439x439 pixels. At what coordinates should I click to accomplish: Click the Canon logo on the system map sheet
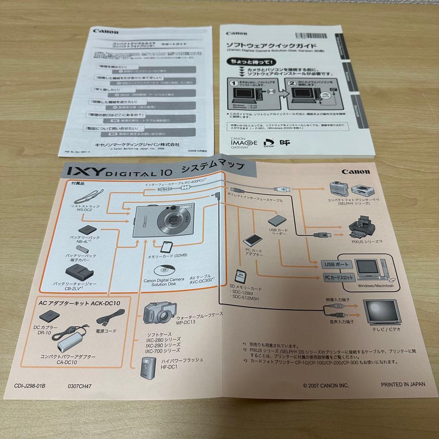coord(356,172)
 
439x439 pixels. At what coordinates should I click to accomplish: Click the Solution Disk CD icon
coord(163,270)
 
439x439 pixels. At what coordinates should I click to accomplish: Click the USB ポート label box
coord(336,264)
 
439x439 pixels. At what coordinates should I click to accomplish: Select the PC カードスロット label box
coord(339,278)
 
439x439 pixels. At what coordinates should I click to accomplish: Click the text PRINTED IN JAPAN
coord(403,384)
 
